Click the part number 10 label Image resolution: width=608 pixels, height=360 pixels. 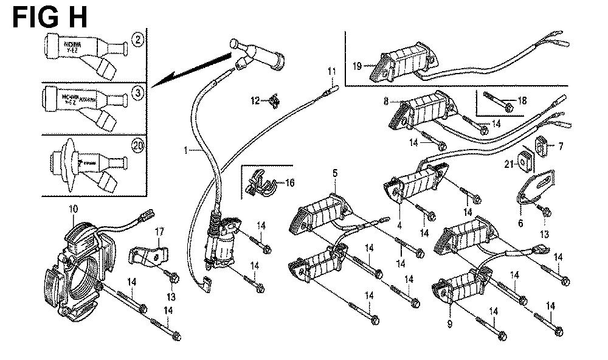pos(73,209)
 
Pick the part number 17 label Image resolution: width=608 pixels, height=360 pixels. pos(159,231)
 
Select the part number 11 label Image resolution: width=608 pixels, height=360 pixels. pos(331,72)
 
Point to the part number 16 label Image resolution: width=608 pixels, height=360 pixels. pos(289,182)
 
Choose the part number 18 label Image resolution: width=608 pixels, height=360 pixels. pos(522,100)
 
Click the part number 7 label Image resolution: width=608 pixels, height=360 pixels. pos(561,146)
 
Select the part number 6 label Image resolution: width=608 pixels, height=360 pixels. pos(520,223)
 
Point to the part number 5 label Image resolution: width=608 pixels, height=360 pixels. pos(334,173)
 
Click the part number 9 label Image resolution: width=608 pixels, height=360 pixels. pos(450,324)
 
